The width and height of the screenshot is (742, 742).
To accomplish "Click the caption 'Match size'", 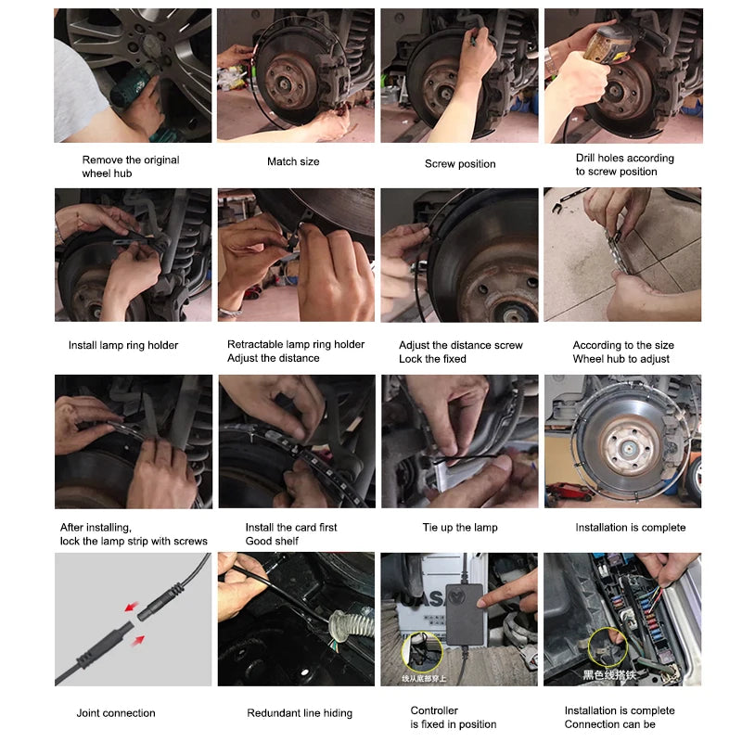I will tap(293, 162).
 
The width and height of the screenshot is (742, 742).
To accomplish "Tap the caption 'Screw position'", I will tap(460, 164).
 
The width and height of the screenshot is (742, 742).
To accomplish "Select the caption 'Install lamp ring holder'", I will tap(123, 346).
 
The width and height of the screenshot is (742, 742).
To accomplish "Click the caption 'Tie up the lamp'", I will tap(460, 528).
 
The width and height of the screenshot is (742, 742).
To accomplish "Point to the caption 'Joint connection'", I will tap(116, 713).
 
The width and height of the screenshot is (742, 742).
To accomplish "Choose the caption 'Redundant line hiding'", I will tap(300, 713).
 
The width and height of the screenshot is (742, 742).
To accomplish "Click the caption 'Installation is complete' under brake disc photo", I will tap(631, 528).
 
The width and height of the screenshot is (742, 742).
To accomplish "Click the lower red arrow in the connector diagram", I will tap(137, 640).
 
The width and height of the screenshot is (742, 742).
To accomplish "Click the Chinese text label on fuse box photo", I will tap(606, 675).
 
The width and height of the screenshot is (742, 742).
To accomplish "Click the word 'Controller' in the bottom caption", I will tap(434, 711).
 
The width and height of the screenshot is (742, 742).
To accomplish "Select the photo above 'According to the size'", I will tap(622, 255).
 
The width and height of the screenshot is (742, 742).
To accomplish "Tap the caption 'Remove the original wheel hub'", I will tap(131, 166).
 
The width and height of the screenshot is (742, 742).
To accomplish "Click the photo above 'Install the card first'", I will tap(297, 441).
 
